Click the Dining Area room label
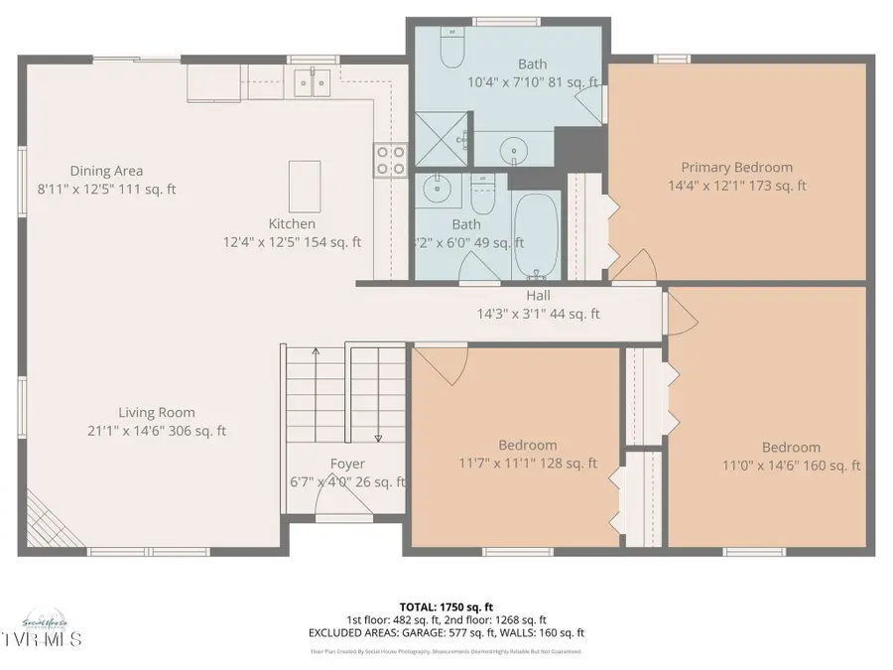point(106,171)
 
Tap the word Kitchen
point(292,224)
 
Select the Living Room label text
point(157,413)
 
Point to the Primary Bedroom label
point(736,168)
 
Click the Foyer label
point(347,465)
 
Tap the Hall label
point(539,296)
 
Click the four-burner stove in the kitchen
point(389,160)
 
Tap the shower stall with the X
point(441,140)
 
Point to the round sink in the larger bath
point(516,152)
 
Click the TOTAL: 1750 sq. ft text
point(446,605)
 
